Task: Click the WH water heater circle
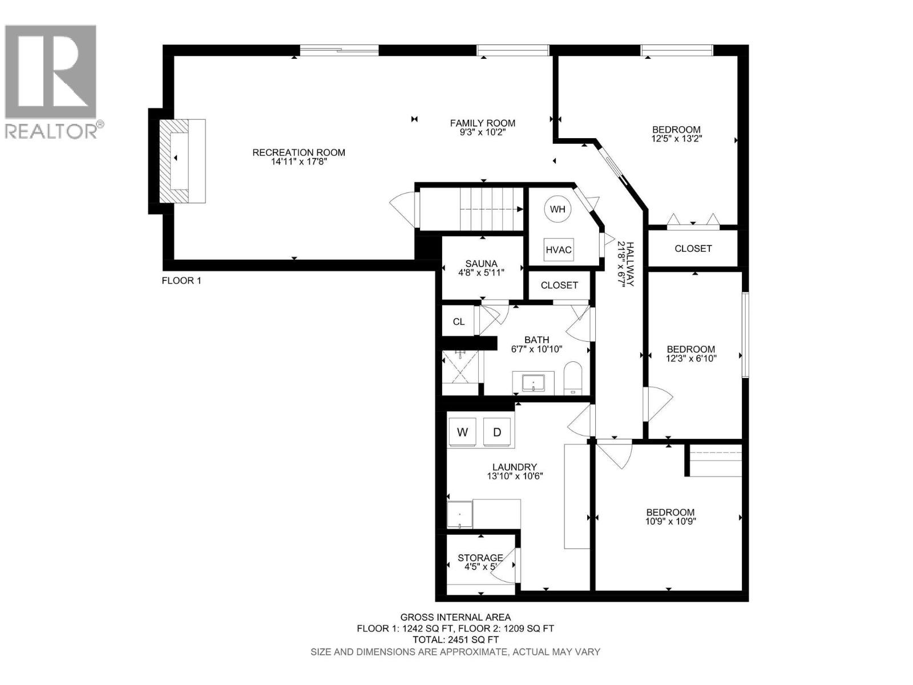coord(558,209)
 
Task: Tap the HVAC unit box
coord(559,249)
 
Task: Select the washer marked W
coord(462,432)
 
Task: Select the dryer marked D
coord(497,432)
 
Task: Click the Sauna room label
coord(481,263)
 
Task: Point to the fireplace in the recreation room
coord(181,160)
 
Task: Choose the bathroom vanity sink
coord(533,382)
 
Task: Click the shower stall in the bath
coord(460,367)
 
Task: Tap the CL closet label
coord(459,322)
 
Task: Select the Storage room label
coord(480,558)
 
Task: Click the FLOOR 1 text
coord(181,281)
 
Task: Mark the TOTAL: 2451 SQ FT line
coord(455,639)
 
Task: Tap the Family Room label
coord(482,123)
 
